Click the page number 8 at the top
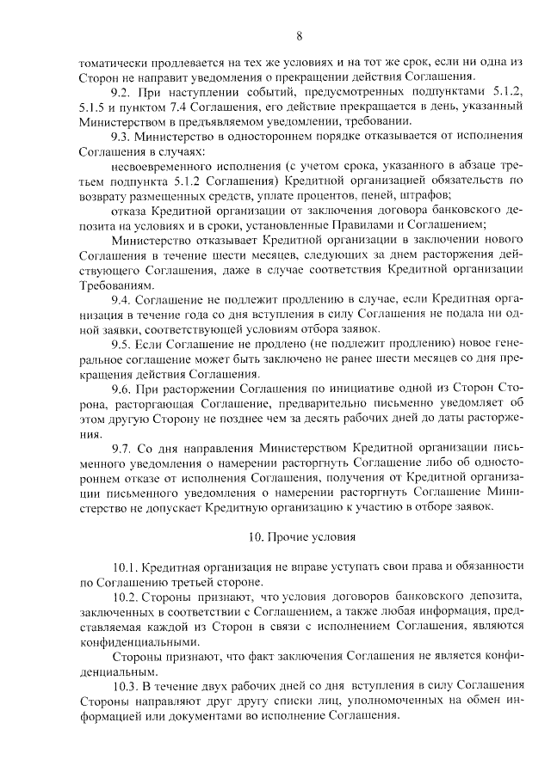pyautogui.click(x=299, y=35)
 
